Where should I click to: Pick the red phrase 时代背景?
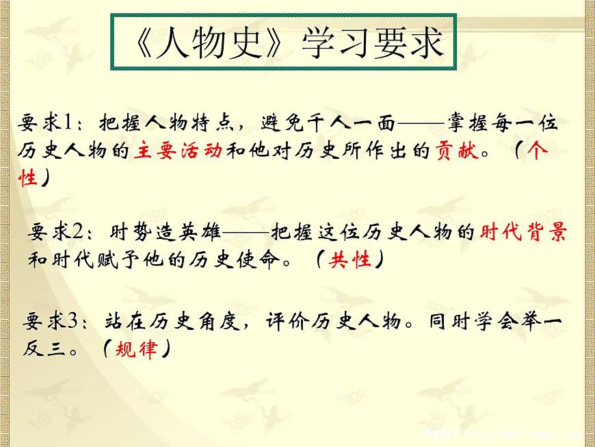[x=523, y=233]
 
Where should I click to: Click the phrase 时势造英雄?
[x=165, y=233]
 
